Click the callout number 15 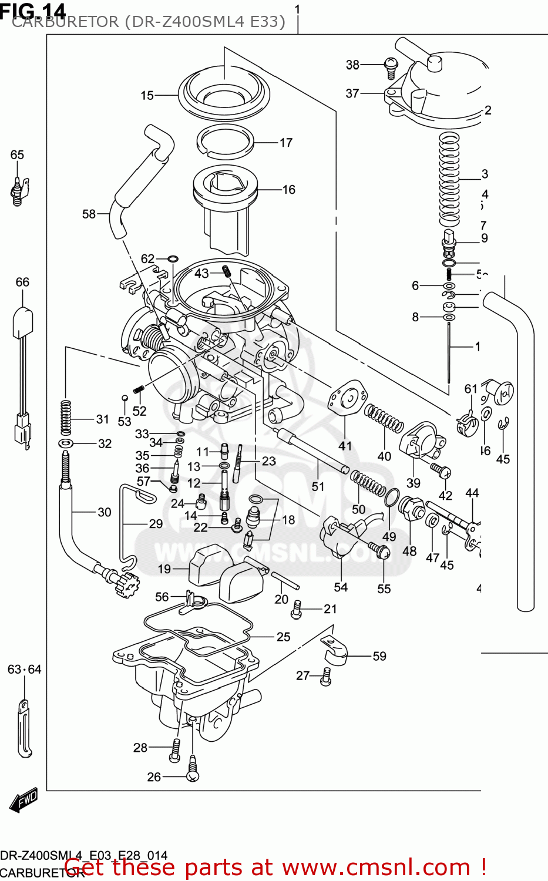147,95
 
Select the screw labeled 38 391,66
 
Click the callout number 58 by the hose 89,214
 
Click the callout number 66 22,283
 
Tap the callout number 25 283,637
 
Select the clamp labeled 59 335,654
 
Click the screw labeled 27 326,677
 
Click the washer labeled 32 66,443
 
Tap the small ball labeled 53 125,399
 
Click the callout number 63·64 25,670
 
